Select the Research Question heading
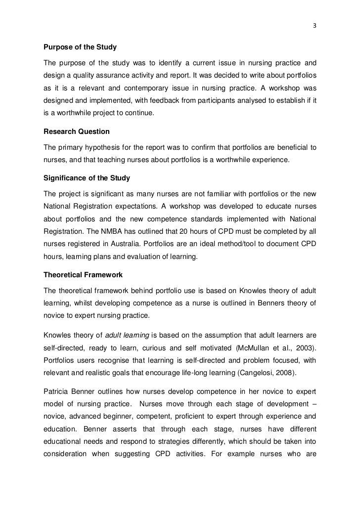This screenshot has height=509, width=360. tap(77, 132)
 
